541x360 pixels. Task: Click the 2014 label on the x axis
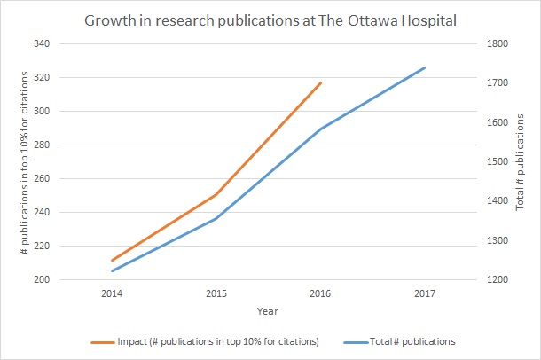click(x=111, y=293)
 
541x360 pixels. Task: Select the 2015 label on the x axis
click(x=216, y=293)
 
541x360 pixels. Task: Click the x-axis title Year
click(x=268, y=311)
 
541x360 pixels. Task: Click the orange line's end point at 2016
click(x=321, y=82)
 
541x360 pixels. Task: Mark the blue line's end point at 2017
click(x=426, y=67)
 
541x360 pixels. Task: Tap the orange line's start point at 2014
click(x=111, y=261)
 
